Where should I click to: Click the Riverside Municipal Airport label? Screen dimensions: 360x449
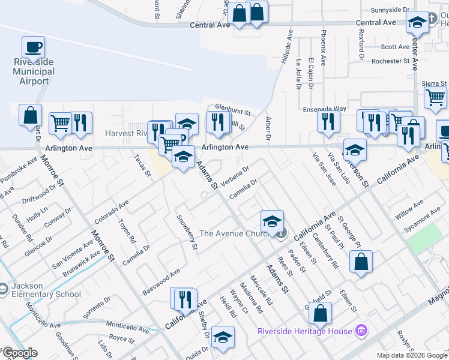34,71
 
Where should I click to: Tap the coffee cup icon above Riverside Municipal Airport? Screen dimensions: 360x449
33,46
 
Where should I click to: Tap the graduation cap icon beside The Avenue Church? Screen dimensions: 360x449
272,220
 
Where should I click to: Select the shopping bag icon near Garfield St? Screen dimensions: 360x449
321,313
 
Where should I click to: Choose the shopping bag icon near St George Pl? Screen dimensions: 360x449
360,262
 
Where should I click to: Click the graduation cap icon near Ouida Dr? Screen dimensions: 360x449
222,338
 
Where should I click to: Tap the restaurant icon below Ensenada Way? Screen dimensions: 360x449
328,121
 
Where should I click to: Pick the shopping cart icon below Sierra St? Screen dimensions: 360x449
435,97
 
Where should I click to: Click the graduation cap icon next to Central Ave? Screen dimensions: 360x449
416,23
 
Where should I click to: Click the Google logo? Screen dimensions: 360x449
19,353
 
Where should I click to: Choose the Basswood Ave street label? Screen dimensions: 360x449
161,283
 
